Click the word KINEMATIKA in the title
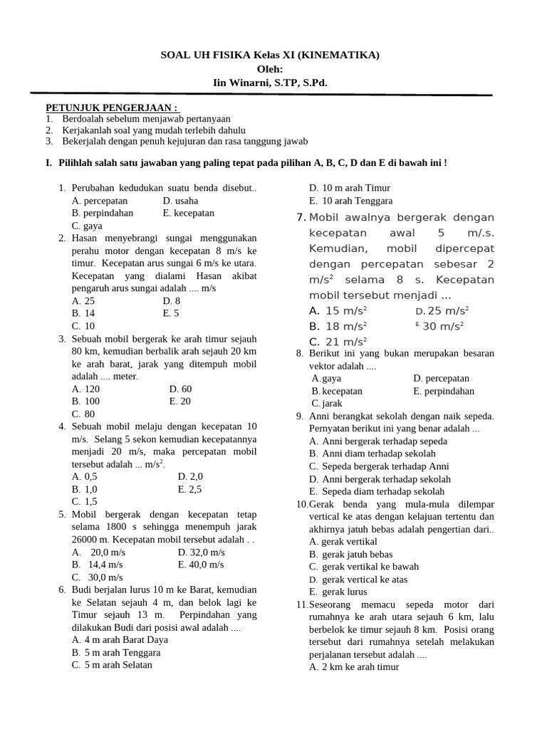pyautogui.click(x=338, y=56)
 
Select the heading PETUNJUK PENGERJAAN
pyautogui.click(x=111, y=107)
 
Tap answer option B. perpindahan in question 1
pyautogui.click(x=103, y=213)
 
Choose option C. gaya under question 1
pyautogui.click(x=87, y=226)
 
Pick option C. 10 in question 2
pyautogui.click(x=83, y=325)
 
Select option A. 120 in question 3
pyautogui.click(x=85, y=389)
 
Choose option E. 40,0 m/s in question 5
pyautogui.click(x=201, y=565)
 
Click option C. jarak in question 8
pyautogui.click(x=327, y=404)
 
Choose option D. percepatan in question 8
pyautogui.click(x=441, y=378)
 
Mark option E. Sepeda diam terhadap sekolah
pyautogui.click(x=377, y=491)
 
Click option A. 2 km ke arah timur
pyautogui.click(x=354, y=667)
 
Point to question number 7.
pyautogui.click(x=301, y=217)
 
